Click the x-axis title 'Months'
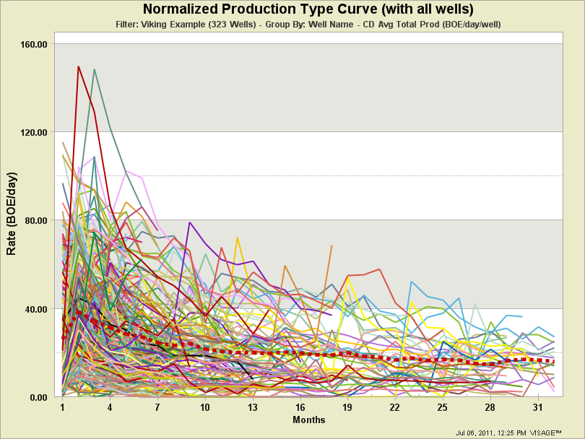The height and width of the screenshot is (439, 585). (x=308, y=420)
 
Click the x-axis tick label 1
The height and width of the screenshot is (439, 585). (x=63, y=408)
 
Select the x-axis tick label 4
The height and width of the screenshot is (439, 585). (x=110, y=408)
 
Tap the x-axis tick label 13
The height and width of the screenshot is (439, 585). (x=253, y=408)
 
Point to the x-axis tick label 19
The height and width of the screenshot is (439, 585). (x=347, y=408)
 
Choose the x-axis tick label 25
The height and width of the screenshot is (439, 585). (x=442, y=408)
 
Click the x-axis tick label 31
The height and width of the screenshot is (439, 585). (x=537, y=408)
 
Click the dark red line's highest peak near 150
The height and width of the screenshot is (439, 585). (x=79, y=66)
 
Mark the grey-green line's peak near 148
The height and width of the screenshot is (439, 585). (x=95, y=69)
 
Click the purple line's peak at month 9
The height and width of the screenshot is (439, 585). (x=189, y=222)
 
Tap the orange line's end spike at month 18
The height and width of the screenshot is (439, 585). (x=331, y=246)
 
